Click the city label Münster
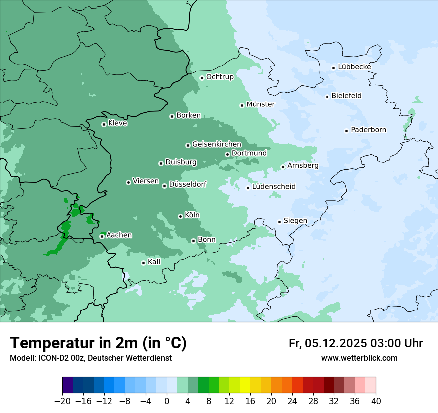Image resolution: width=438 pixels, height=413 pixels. [260, 104]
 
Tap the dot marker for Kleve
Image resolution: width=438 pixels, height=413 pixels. [104, 124]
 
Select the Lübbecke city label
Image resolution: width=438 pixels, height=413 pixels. [354, 67]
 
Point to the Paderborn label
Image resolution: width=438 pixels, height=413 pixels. [368, 130]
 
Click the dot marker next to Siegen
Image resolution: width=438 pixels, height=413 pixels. [279, 222]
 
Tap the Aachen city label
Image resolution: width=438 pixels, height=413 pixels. [119, 235]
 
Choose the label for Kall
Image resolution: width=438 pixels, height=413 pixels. [154, 262]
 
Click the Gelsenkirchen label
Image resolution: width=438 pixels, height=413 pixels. [217, 144]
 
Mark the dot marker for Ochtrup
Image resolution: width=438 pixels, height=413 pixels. [202, 78]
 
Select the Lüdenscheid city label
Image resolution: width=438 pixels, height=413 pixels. [274, 187]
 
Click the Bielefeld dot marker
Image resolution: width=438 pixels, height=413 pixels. [327, 97]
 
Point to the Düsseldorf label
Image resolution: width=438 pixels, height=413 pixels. [187, 185]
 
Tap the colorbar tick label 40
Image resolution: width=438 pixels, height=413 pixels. [376, 401]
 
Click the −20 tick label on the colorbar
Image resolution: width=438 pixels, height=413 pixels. [62, 401]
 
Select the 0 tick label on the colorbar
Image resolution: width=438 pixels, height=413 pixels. [167, 401]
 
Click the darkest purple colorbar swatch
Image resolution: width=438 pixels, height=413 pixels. [67, 385]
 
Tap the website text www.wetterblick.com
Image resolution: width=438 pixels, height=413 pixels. [359, 358]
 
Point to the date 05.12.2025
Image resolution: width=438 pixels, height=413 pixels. [336, 343]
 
